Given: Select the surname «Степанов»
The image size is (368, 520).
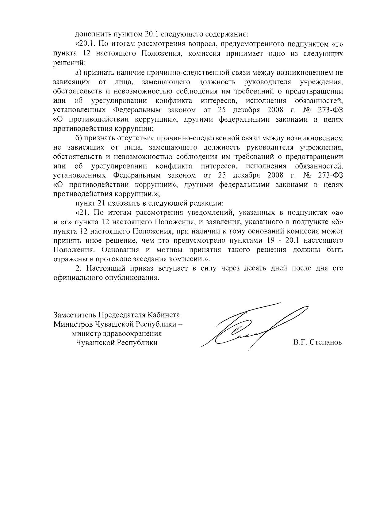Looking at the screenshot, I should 326,343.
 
